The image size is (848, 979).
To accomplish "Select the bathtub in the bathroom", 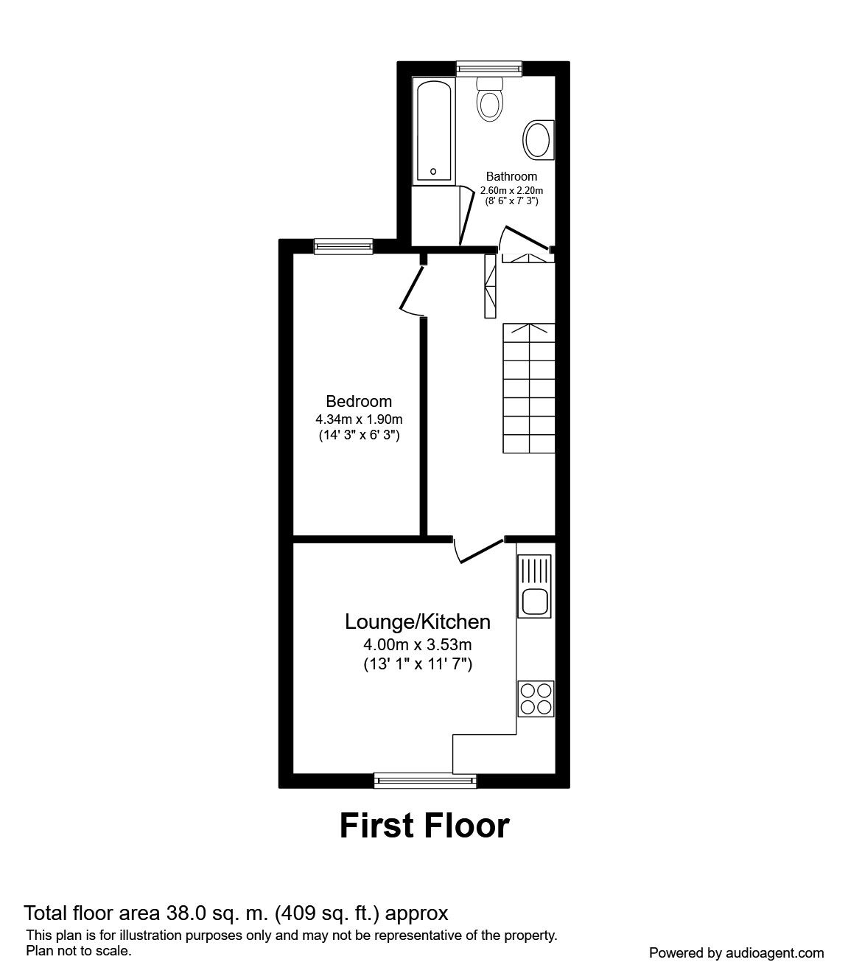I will pos(433,131).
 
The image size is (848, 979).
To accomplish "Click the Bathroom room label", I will pos(511,176).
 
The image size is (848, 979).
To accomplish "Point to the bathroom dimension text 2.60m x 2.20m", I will pos(511,189).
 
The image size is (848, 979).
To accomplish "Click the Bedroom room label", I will pos(359,402).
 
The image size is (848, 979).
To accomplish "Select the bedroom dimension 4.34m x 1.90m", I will pos(359,419).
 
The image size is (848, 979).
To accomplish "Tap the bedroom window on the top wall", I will pos(343,246).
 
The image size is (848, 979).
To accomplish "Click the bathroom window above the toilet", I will pos(489,69).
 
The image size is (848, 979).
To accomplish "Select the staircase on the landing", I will pos(529,389).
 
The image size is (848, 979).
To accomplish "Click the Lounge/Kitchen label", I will pos(418,622).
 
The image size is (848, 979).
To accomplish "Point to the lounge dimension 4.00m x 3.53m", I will pos(418,645).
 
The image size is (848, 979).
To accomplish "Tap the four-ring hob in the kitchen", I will pos(536,699).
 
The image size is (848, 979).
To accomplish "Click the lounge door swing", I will pos(477,550).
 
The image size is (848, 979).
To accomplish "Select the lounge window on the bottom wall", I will pos(424,780).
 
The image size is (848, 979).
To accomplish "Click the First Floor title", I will pos(424,826).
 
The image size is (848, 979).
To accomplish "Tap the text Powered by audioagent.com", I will pos(736,953).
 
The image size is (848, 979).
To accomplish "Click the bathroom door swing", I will pos(525,240).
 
